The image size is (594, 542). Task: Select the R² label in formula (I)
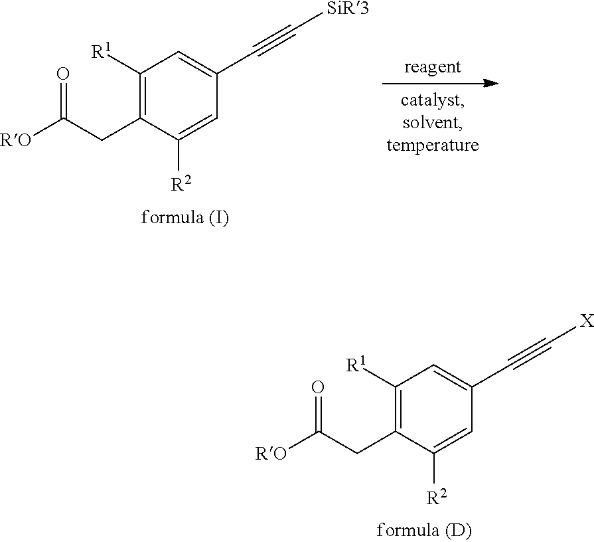179,184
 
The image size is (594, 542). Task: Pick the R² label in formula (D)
435,496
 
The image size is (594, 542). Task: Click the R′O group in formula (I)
15,141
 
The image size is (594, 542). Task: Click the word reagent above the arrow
433,67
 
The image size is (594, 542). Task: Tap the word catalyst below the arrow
433,101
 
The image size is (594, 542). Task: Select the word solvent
433,123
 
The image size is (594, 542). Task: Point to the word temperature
433,145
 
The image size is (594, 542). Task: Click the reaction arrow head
490,83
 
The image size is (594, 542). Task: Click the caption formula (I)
185,218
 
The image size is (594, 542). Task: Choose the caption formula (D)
424,530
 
